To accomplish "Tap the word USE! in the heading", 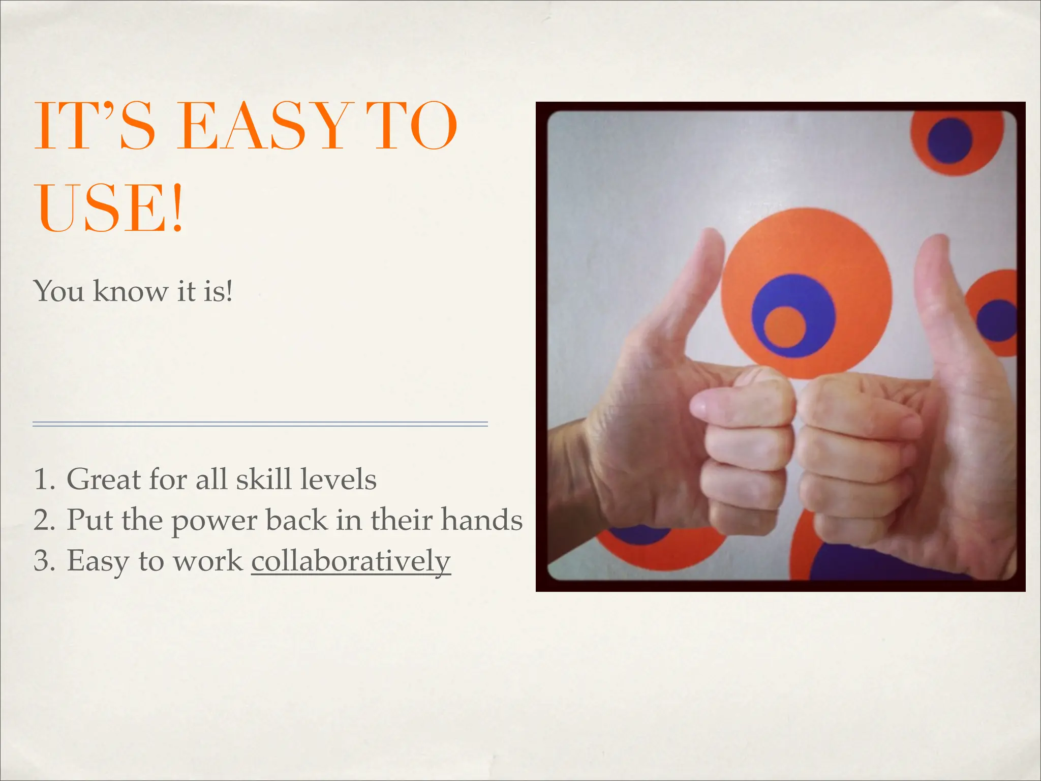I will pos(109,208).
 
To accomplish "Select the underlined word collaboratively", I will pos(351,561).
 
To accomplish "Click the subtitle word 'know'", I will pos(130,291).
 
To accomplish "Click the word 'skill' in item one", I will pos(263,479).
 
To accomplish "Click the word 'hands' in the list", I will pos(481,520).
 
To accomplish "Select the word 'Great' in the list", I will pos(104,479).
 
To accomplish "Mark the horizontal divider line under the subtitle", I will pos(260,424).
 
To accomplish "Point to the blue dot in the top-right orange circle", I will pos(950,141).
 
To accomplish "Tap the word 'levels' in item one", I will pos(338,479).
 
